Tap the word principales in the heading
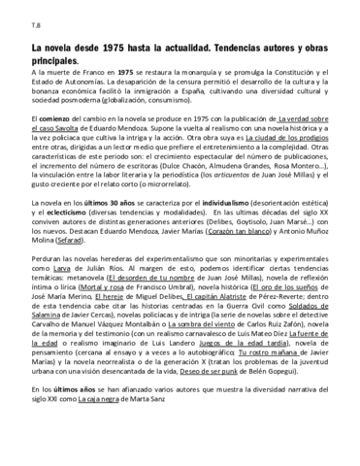click(64, 61)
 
